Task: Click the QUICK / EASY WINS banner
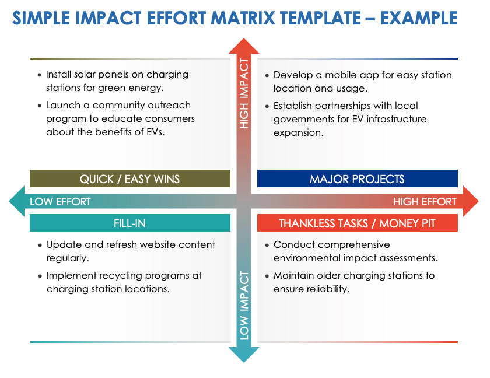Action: tap(130, 178)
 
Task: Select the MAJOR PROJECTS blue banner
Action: tap(357, 178)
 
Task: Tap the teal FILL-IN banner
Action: tap(130, 223)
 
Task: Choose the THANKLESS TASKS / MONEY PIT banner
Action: tap(357, 223)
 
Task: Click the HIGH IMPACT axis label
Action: tap(244, 93)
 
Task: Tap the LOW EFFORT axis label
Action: tap(60, 202)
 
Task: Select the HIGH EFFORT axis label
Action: tap(425, 202)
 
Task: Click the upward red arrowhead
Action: tap(244, 46)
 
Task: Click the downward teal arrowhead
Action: tap(244, 354)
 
